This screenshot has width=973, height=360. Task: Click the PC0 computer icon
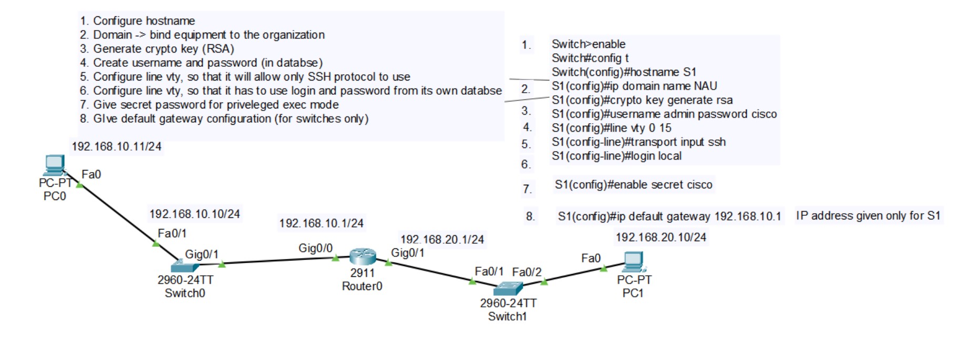point(54,165)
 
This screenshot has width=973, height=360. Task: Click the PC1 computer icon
point(633,261)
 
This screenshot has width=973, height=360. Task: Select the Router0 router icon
point(363,256)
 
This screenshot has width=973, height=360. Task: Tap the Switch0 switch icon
point(184,266)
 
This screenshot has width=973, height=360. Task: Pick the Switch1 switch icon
point(508,288)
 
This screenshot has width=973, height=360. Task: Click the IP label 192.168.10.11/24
point(116,146)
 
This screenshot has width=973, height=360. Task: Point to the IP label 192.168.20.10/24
point(660,237)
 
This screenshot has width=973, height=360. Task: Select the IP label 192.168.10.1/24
point(321,223)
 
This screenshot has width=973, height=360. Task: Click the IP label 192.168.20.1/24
point(442,239)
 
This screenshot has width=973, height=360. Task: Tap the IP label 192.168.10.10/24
point(194,214)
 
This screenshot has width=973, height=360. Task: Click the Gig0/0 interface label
point(315,248)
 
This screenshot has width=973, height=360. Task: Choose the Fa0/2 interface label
point(526,272)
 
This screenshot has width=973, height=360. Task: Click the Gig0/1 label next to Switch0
point(202,254)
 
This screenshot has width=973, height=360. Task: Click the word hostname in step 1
point(170,21)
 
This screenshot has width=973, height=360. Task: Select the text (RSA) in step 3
point(218,48)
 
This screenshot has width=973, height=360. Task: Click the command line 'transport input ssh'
point(638,142)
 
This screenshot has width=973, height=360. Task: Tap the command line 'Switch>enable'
point(588,44)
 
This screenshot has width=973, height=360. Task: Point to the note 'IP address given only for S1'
point(868,216)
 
